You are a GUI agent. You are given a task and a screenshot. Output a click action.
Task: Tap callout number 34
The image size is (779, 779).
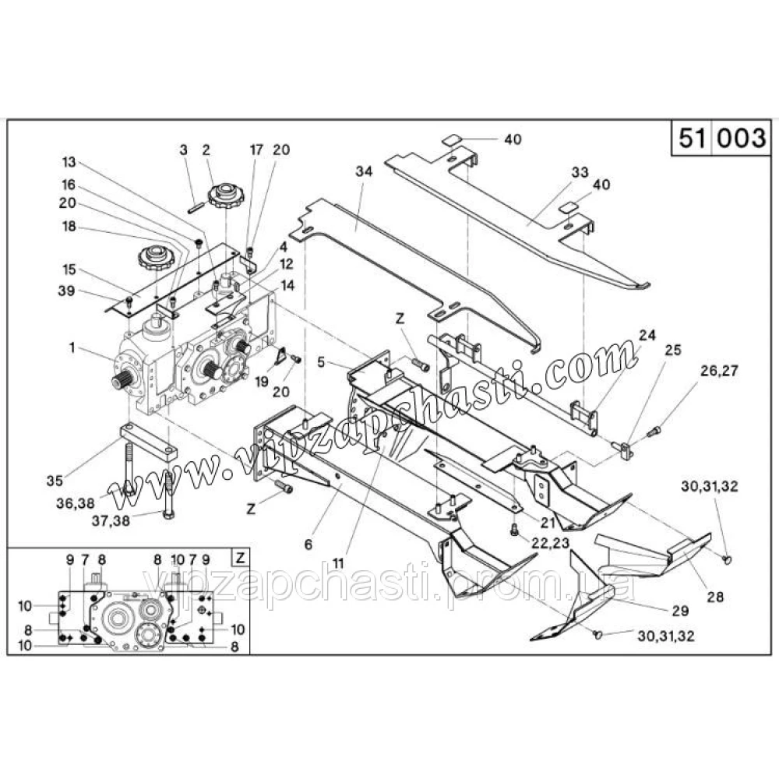(365, 170)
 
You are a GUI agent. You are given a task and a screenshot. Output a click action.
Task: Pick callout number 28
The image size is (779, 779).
(714, 598)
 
